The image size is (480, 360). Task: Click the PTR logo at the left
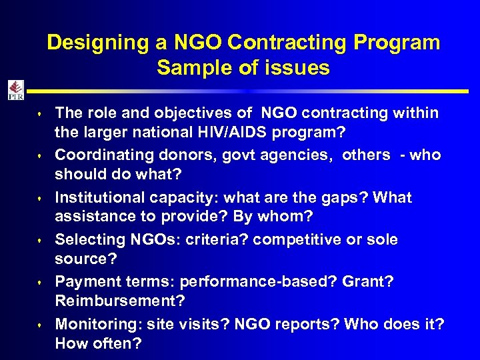coord(15,90)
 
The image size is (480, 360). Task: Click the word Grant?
coord(367,282)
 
